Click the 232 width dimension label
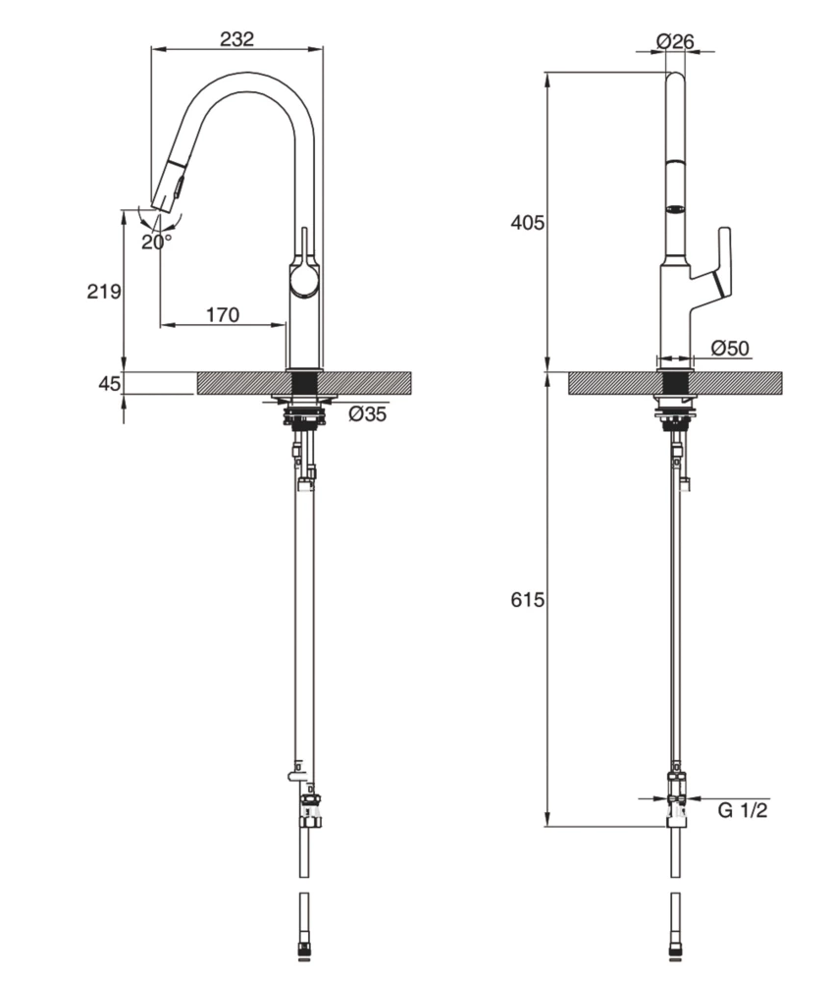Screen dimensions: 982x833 click(236, 39)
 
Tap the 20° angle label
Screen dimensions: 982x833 click(156, 242)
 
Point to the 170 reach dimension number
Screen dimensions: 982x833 click(222, 315)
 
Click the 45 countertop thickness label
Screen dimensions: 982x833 click(109, 383)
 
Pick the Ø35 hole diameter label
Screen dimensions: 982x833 click(368, 414)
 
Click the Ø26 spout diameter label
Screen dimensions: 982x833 click(675, 41)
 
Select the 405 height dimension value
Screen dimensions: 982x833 click(527, 223)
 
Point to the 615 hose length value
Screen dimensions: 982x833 click(527, 600)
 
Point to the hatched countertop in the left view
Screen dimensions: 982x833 click(373, 383)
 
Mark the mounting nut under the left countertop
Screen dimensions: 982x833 click(304, 419)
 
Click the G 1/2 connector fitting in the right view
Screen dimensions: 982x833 click(676, 794)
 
